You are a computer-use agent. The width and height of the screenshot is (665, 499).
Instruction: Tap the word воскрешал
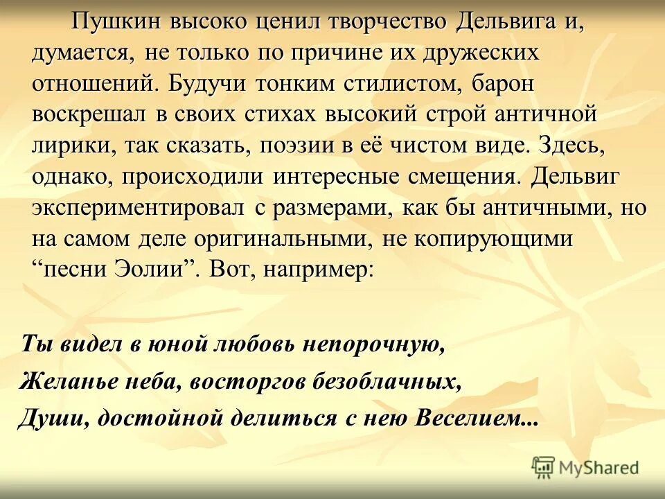(88, 114)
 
